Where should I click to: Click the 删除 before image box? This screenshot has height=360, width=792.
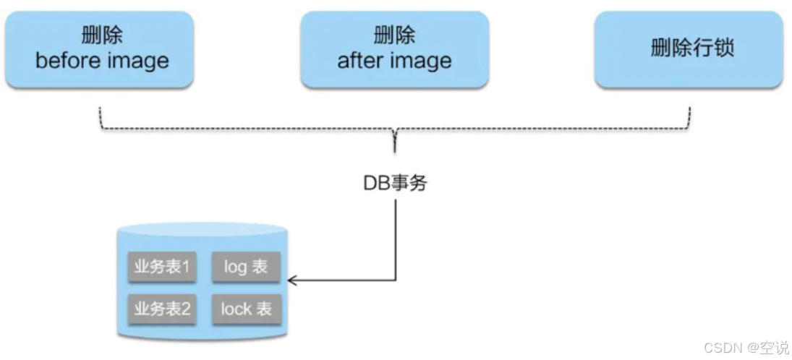coord(101,48)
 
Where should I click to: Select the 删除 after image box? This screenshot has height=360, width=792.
coord(394,48)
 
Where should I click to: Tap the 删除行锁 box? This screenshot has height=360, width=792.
coord(689,48)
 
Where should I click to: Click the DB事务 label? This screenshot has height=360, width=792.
coord(395,183)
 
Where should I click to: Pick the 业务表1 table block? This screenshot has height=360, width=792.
coord(162,267)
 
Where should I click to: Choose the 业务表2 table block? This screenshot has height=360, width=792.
coord(162,309)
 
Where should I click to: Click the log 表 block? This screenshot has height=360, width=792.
coord(246,267)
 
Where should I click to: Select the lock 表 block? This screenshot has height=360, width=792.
coord(246,309)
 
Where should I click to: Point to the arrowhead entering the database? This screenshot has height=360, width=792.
coord(291,279)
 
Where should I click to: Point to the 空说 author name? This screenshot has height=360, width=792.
coord(774,348)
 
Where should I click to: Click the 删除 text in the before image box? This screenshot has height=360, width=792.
coord(101,35)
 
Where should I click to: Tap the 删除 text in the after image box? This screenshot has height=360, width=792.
coord(394,35)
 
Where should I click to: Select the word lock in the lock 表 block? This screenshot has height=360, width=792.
coord(236,309)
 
